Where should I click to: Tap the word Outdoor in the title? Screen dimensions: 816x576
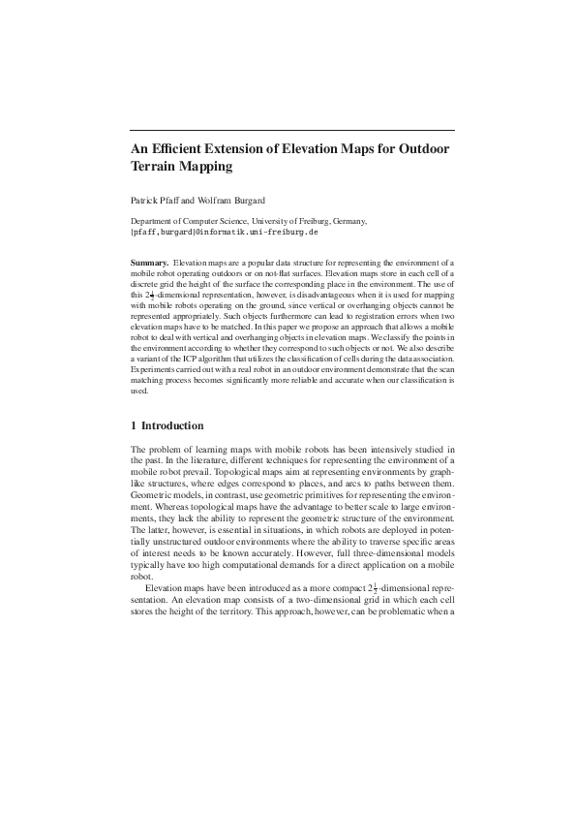click(409, 149)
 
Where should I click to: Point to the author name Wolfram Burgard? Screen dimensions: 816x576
click(225, 201)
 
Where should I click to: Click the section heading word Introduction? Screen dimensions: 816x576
click(173, 425)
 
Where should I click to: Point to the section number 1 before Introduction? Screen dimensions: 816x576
click(133, 425)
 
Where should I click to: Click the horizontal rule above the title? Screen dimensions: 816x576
click(291, 129)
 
